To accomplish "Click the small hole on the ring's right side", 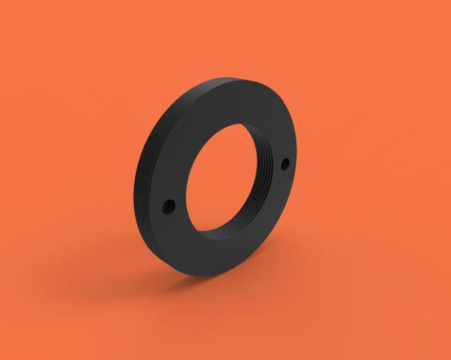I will pyautogui.click(x=285, y=164).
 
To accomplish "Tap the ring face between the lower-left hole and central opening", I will pyautogui.click(x=182, y=203).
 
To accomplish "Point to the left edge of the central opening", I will pyautogui.click(x=193, y=186).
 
